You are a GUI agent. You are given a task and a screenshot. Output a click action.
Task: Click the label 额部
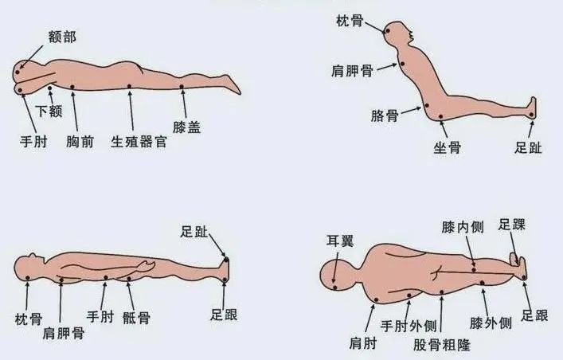(62, 37)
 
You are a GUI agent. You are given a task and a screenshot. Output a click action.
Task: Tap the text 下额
(49, 111)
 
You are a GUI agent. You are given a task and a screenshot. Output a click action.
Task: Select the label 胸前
(80, 142)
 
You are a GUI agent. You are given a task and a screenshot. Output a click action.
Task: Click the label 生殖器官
(139, 142)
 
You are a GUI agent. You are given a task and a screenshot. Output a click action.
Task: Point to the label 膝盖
(186, 127)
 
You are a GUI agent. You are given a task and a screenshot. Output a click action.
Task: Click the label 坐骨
(447, 147)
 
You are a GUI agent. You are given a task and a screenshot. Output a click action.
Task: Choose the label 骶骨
(136, 318)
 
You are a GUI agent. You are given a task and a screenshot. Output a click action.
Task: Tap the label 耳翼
(340, 241)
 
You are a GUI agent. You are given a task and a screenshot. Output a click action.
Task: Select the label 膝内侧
(463, 227)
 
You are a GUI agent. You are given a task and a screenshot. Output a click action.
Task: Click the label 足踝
(512, 225)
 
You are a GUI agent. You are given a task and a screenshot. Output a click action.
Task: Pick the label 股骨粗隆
(442, 345)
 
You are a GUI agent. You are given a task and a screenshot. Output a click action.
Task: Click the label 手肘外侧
(409, 327)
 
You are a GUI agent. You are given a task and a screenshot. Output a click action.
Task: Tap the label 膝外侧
(491, 323)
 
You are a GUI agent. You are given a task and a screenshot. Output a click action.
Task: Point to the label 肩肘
(362, 343)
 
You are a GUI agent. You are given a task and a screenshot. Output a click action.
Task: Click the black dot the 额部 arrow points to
(18, 72)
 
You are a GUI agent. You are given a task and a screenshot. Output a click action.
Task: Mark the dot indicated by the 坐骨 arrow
(441, 117)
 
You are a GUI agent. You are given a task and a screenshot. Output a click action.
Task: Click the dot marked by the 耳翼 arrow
(335, 288)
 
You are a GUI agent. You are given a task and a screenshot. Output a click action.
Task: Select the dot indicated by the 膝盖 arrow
(182, 87)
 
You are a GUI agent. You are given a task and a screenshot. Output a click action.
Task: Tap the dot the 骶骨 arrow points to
(129, 279)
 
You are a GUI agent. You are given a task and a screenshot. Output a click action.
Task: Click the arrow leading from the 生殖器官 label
(131, 111)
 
